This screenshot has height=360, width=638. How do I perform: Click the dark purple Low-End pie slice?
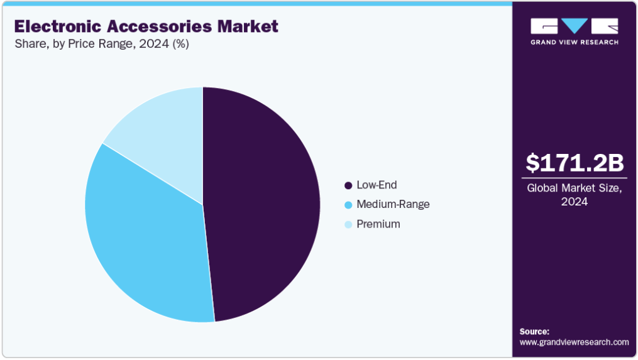tap(264, 201)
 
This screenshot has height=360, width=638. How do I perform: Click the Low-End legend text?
tap(377, 185)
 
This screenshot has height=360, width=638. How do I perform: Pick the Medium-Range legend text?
tap(393, 204)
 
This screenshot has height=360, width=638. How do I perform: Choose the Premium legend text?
tap(378, 224)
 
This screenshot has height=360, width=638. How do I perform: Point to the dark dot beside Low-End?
tap(348, 186)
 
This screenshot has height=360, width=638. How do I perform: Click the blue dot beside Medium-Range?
tap(348, 205)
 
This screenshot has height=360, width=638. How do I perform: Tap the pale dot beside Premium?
tap(348, 224)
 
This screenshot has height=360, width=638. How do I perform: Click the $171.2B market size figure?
tap(575, 163)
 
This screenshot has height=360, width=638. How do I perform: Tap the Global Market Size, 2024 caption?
tap(575, 194)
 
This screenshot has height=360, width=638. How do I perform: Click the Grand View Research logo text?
tap(575, 42)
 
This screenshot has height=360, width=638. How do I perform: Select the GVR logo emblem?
tap(575, 26)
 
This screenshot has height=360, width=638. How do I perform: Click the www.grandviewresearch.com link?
tap(574, 342)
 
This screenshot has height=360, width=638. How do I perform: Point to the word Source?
tap(534, 331)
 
